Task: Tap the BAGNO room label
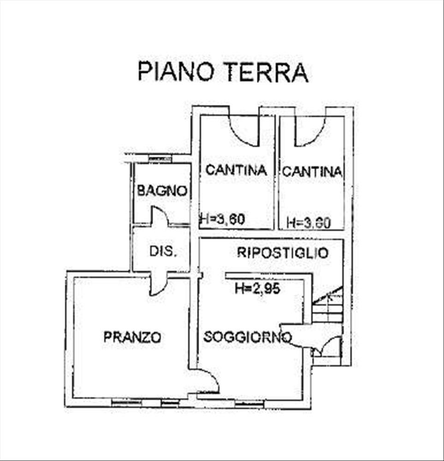pyautogui.click(x=162, y=191)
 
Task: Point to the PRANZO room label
pyautogui.click(x=132, y=337)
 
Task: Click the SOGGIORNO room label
pyautogui.click(x=247, y=337)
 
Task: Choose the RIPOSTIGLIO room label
pyautogui.click(x=283, y=253)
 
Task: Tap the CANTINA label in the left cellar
pyautogui.click(x=236, y=170)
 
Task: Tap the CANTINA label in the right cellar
pyautogui.click(x=312, y=172)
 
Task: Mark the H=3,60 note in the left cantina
pyautogui.click(x=222, y=220)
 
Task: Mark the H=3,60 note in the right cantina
pyautogui.click(x=308, y=223)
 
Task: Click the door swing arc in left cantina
pyautogui.click(x=244, y=131)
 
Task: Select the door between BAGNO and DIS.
pyautogui.click(x=160, y=216)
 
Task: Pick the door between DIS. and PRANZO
pyautogui.click(x=158, y=284)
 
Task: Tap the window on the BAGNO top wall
pyautogui.click(x=160, y=159)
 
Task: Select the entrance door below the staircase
pyautogui.click(x=328, y=348)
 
